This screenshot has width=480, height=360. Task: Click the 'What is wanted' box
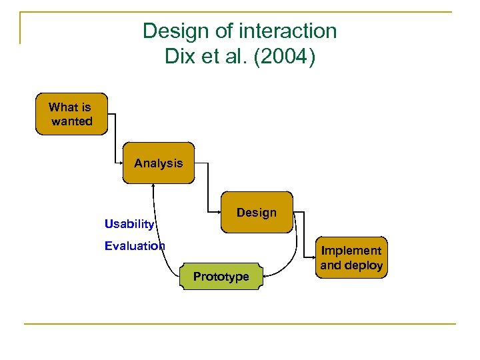point(71,114)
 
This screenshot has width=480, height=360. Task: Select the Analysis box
point(159,163)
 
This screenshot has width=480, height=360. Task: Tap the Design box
point(257,212)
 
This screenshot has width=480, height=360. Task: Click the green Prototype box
point(221,276)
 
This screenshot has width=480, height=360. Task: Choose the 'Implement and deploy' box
point(351,257)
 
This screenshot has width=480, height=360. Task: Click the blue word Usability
point(129,224)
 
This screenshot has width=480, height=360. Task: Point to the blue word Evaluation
point(135,246)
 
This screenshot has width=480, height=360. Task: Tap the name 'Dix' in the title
point(179,56)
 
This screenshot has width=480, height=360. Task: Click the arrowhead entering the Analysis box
point(121,163)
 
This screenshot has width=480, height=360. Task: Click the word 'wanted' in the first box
point(72,121)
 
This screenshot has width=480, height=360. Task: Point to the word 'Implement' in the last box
point(351,251)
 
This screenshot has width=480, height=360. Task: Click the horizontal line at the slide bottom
point(240,324)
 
